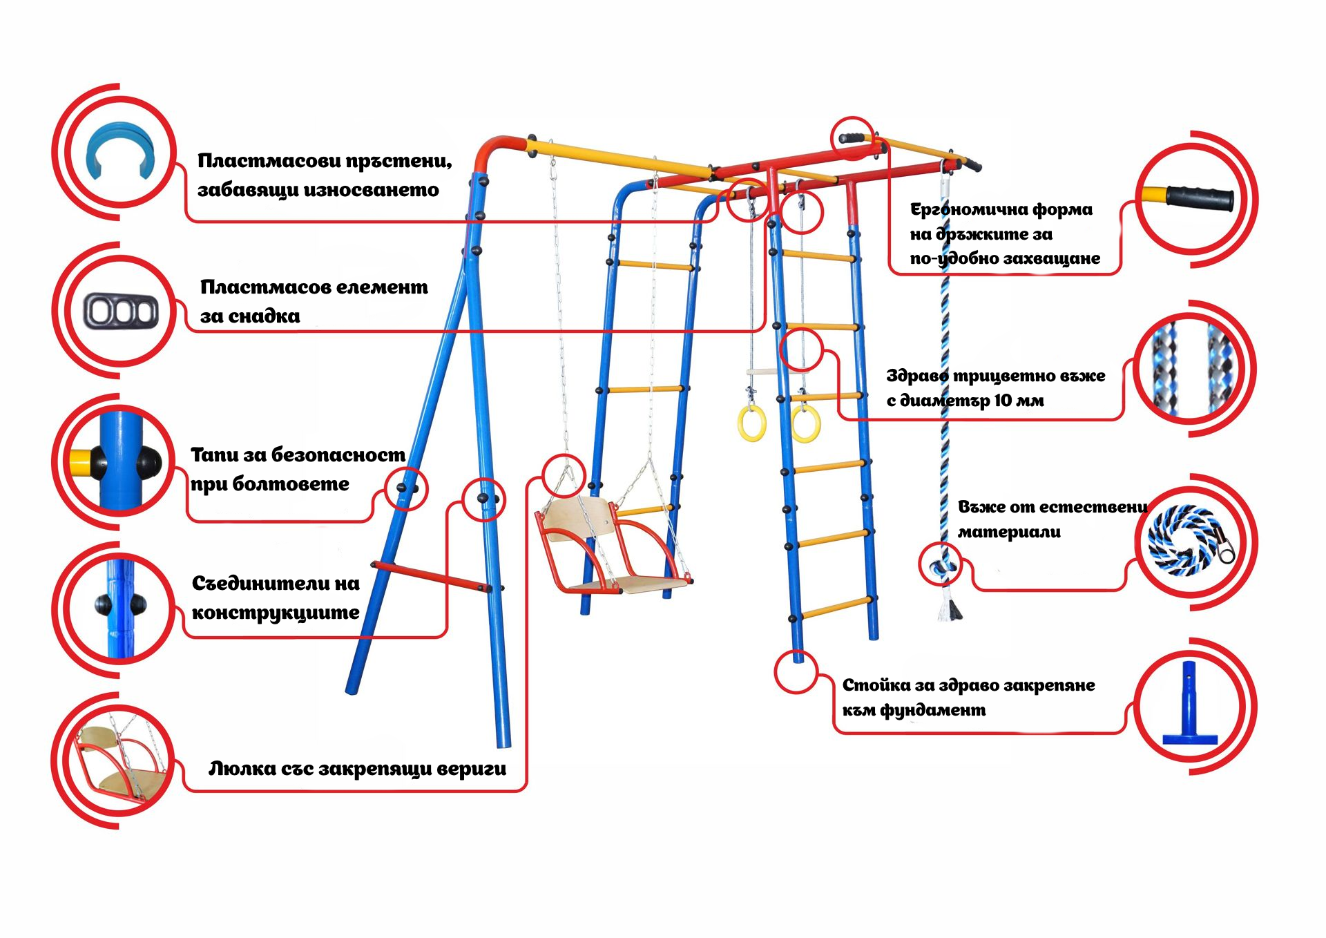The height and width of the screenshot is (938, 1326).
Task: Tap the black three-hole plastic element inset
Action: [121, 311]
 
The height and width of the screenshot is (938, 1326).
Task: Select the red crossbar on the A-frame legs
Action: [432, 576]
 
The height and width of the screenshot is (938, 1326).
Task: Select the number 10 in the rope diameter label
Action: [1003, 401]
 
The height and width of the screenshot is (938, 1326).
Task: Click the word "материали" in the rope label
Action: [1009, 533]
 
